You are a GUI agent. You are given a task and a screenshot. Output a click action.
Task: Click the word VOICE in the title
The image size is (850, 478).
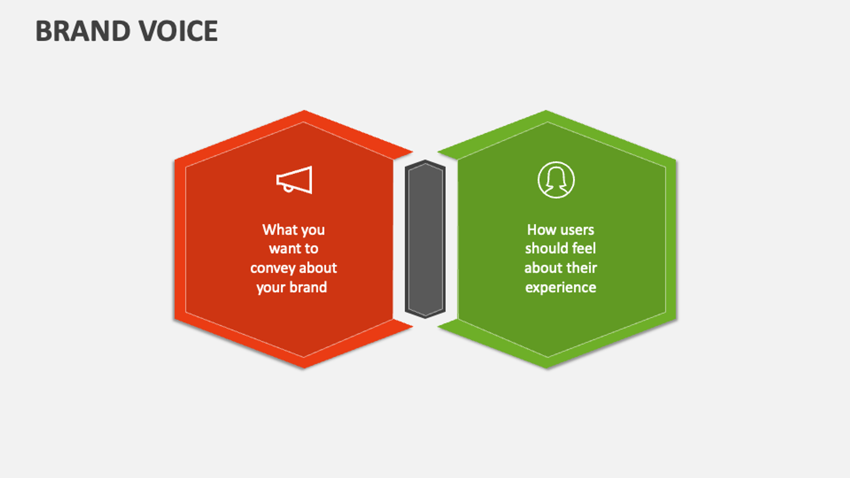coord(178,31)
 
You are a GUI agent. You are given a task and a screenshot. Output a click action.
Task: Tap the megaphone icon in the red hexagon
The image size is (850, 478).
coord(294,180)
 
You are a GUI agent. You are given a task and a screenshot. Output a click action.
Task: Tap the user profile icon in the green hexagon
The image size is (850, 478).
coord(556,180)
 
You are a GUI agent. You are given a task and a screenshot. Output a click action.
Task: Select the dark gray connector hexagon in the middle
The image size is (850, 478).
coord(425,239)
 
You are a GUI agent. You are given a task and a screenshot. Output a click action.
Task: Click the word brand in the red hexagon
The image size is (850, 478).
coord(308,287)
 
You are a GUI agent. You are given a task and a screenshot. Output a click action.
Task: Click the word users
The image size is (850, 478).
coord(577,230)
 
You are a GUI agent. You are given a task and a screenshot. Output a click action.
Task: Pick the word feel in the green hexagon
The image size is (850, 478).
coord(584,248)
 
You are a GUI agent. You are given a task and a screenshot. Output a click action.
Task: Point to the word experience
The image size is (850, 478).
coord(560,288)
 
